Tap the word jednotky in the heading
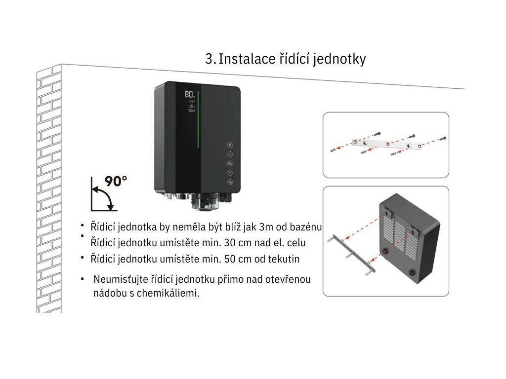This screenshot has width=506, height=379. (341, 60)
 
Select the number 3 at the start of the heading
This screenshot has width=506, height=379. (209, 59)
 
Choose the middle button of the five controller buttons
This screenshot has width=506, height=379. (230, 163)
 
